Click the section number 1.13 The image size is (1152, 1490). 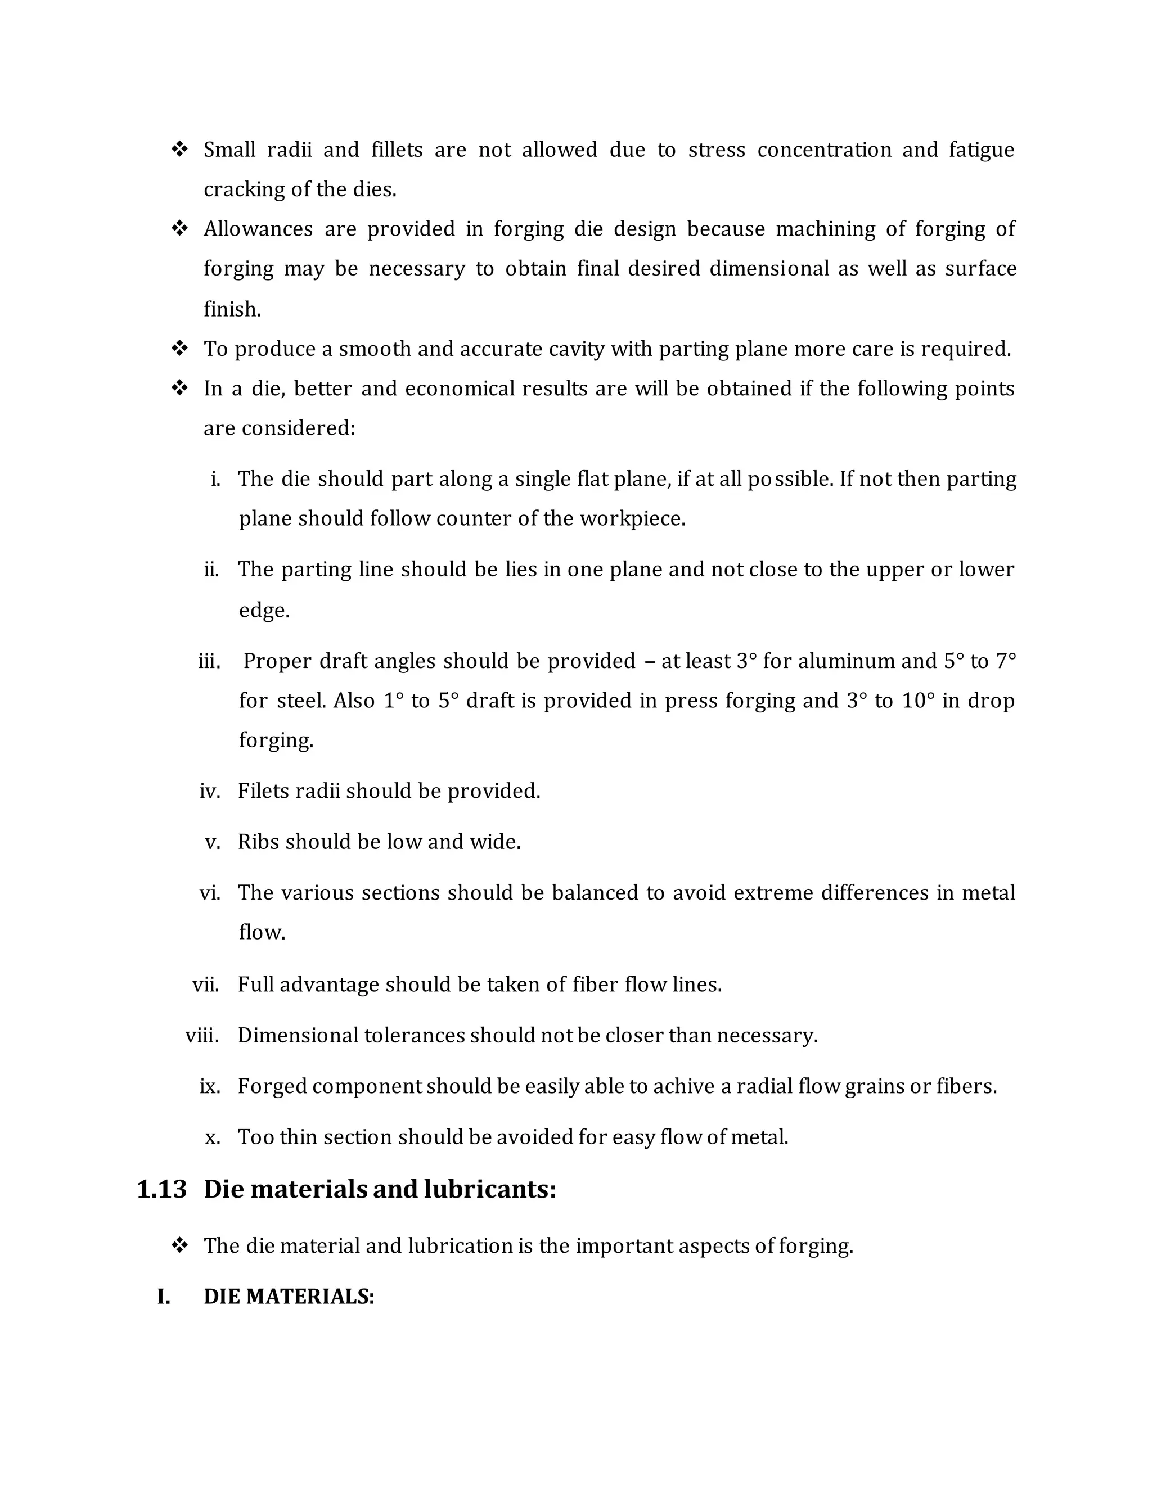click(x=162, y=1189)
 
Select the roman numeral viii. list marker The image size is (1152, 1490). click(x=202, y=1036)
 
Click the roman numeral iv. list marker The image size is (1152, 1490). click(x=209, y=792)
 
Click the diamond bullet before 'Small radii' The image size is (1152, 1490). click(x=179, y=150)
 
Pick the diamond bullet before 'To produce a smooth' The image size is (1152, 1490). click(x=179, y=349)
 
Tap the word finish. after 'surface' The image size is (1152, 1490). click(x=232, y=309)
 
